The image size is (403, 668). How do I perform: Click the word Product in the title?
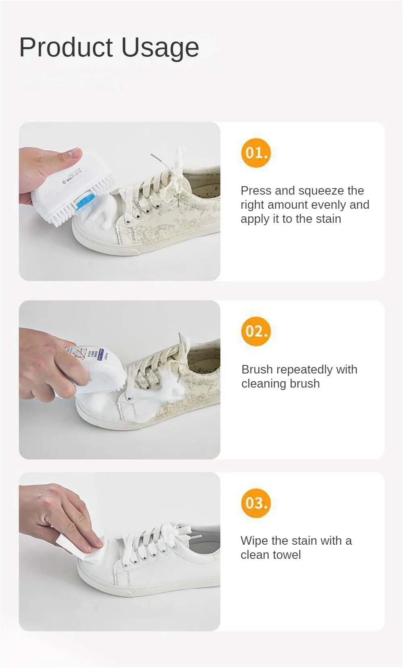66,48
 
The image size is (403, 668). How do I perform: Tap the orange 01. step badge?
256,153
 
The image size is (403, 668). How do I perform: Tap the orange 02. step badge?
256,331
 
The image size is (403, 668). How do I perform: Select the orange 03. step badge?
256,503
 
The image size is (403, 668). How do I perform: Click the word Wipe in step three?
254,541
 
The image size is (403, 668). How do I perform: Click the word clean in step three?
256,555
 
